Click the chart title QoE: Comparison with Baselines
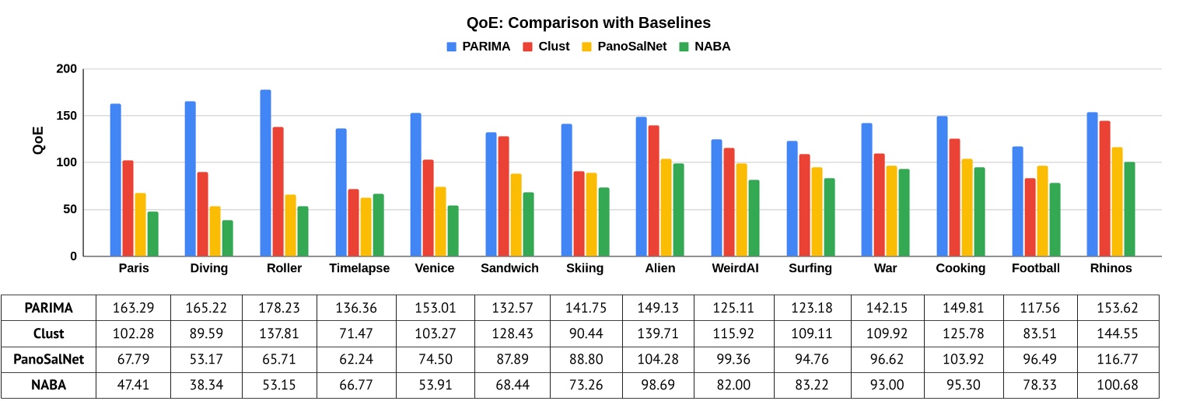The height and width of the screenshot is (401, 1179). tap(589, 23)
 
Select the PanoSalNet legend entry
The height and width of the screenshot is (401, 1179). tap(626, 47)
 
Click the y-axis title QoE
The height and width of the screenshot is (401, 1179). tap(39, 141)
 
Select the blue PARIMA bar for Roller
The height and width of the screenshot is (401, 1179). tap(265, 173)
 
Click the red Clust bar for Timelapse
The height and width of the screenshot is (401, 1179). tap(353, 222)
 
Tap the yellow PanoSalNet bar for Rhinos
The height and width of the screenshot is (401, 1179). tap(1117, 201)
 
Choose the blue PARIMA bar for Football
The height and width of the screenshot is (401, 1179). tap(1017, 201)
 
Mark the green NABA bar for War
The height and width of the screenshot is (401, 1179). tap(904, 212)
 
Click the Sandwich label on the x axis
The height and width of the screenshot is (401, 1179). tap(509, 268)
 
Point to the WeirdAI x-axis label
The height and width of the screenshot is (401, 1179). tap(735, 268)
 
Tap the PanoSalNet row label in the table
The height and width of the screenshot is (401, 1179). tap(48, 360)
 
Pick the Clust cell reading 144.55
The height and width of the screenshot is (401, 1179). tap(1111, 333)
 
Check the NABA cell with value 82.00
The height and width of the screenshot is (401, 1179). tap(735, 385)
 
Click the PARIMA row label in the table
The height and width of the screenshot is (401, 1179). tap(48, 308)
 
